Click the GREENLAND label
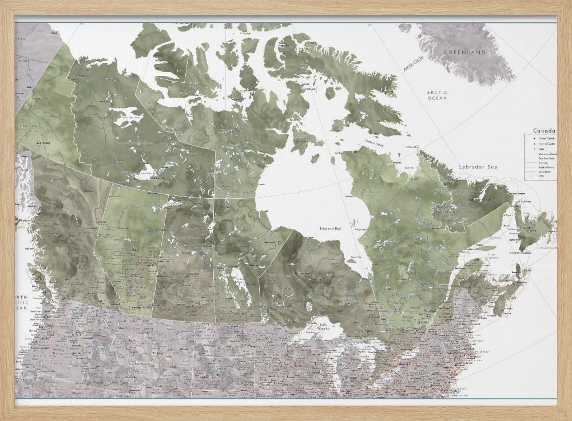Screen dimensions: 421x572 tap(464, 53)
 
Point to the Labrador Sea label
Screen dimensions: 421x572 tap(479, 167)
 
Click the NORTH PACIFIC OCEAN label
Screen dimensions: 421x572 tap(22, 303)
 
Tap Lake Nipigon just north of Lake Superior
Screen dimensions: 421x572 tap(309, 306)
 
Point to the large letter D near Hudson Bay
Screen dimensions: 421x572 tap(279, 242)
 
